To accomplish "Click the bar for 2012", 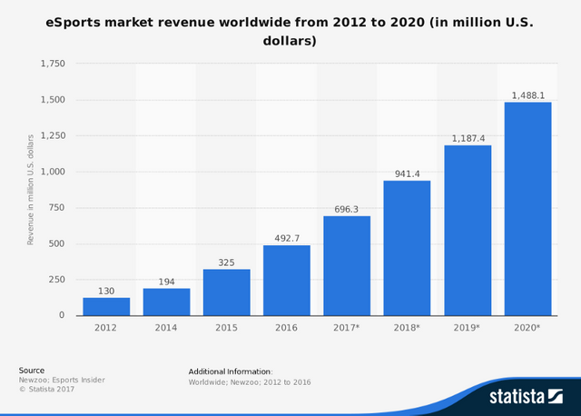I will point(106,306).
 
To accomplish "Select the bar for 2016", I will point(287,280).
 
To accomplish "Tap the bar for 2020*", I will point(527,209).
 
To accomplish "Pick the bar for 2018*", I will point(407,248).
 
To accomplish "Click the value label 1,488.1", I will point(527,94).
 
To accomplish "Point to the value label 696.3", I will point(347,208).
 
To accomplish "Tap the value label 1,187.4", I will point(467,137).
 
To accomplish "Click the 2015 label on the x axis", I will point(227,327).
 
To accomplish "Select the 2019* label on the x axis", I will point(468,327).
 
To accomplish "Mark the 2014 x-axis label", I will point(166,327).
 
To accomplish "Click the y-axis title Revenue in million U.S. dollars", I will point(30,189).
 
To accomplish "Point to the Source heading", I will point(31,371).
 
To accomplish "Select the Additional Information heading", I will point(230,371).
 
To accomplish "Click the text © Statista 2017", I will point(47,390).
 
